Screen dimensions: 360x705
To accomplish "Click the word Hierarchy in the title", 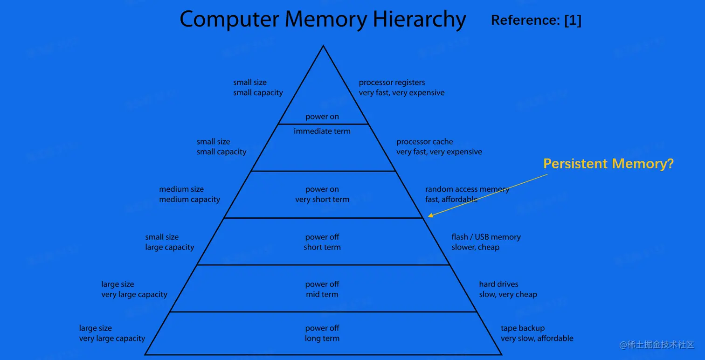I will click(x=419, y=20).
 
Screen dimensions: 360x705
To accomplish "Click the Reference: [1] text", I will click(x=536, y=20).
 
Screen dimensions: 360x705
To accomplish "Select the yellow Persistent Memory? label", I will click(x=608, y=164).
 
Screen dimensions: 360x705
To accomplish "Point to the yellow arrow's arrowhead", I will click(x=429, y=215).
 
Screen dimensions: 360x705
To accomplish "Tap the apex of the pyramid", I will click(x=323, y=46).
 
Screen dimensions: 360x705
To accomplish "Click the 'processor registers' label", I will click(x=392, y=83).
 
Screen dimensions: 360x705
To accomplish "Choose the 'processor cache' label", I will click(x=424, y=142).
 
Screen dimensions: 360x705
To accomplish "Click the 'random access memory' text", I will click(x=467, y=189).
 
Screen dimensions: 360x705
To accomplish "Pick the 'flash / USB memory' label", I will click(x=486, y=237).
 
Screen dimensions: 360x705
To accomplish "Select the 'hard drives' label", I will click(x=498, y=284).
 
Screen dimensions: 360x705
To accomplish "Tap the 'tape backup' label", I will click(x=523, y=328).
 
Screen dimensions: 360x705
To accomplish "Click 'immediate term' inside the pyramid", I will click(x=322, y=132).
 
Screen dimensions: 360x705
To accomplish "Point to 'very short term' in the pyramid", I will click(x=322, y=200).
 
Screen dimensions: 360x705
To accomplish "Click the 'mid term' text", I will click(x=322, y=295).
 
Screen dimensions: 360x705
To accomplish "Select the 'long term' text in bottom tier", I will click(x=322, y=339).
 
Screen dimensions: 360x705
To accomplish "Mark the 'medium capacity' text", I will click(x=189, y=200).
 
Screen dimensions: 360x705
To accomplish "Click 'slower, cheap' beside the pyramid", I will click(x=475, y=247).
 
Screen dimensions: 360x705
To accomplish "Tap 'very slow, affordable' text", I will click(x=537, y=339).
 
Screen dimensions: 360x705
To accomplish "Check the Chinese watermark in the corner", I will click(x=657, y=345).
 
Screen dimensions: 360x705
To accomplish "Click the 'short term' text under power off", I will click(x=322, y=247).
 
